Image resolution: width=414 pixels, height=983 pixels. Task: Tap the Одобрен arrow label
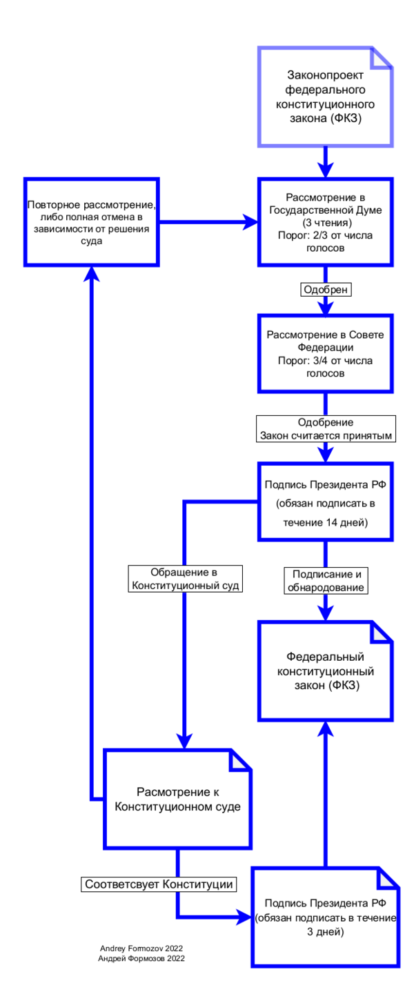point(326,290)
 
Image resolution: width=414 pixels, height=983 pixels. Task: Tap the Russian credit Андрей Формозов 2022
point(141,958)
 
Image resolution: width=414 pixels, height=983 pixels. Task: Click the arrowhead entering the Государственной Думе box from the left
point(250,221)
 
